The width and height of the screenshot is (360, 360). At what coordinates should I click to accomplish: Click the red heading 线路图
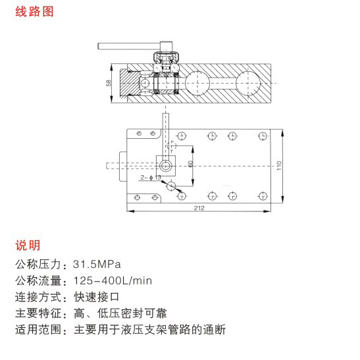click(34, 12)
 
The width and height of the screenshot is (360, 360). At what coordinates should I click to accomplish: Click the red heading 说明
click(28, 245)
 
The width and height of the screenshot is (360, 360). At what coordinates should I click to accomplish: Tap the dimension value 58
click(109, 83)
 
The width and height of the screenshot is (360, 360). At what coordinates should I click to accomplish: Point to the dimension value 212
click(199, 208)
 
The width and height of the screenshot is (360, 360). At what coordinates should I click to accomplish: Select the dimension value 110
click(279, 166)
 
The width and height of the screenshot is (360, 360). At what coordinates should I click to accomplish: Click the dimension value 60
click(190, 164)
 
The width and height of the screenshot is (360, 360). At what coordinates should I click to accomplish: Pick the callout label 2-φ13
click(151, 178)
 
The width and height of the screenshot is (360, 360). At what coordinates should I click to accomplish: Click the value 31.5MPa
click(97, 265)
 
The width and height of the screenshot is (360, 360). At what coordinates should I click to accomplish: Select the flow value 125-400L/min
click(113, 281)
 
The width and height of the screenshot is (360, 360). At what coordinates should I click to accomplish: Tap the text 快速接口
click(97, 297)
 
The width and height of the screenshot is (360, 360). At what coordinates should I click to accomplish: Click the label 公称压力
click(38, 265)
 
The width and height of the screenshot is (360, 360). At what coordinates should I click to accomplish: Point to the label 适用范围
click(38, 330)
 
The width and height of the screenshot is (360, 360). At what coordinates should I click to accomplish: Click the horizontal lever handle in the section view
click(129, 46)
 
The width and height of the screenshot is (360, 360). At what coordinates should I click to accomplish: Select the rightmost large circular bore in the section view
click(248, 83)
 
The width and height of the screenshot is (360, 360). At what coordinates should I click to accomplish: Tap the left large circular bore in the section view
click(197, 83)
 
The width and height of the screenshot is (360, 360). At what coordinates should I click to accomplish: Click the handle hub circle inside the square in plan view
click(166, 166)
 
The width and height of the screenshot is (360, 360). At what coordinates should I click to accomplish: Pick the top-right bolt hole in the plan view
click(263, 136)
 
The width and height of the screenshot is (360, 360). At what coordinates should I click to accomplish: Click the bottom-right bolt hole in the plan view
click(263, 196)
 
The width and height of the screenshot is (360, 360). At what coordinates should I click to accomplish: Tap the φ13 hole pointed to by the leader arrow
click(171, 186)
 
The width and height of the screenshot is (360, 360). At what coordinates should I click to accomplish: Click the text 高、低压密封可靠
click(120, 313)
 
